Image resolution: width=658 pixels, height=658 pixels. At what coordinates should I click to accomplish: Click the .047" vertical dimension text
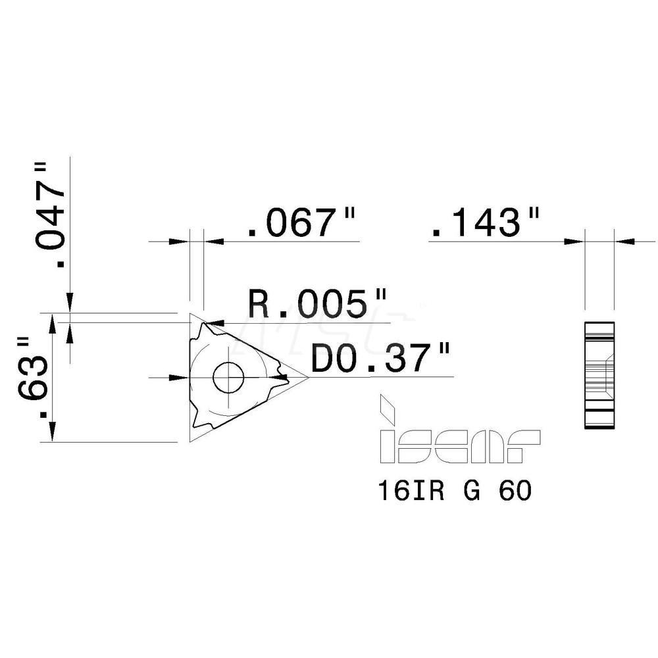tap(52, 215)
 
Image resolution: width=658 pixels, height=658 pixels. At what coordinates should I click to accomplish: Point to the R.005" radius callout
tap(316, 305)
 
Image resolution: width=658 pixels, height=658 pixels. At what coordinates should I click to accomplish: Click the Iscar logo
tap(459, 447)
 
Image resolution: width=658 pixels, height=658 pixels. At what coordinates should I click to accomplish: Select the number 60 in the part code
tap(515, 491)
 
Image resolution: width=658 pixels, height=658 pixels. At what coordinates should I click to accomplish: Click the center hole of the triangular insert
tap(228, 377)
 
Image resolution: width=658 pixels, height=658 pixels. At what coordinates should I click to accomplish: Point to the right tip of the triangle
tap(307, 377)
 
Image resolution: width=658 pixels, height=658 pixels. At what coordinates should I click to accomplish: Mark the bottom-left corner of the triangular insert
tap(191, 440)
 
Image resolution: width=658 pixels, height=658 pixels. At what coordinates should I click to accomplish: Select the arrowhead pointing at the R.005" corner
tap(216, 323)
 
